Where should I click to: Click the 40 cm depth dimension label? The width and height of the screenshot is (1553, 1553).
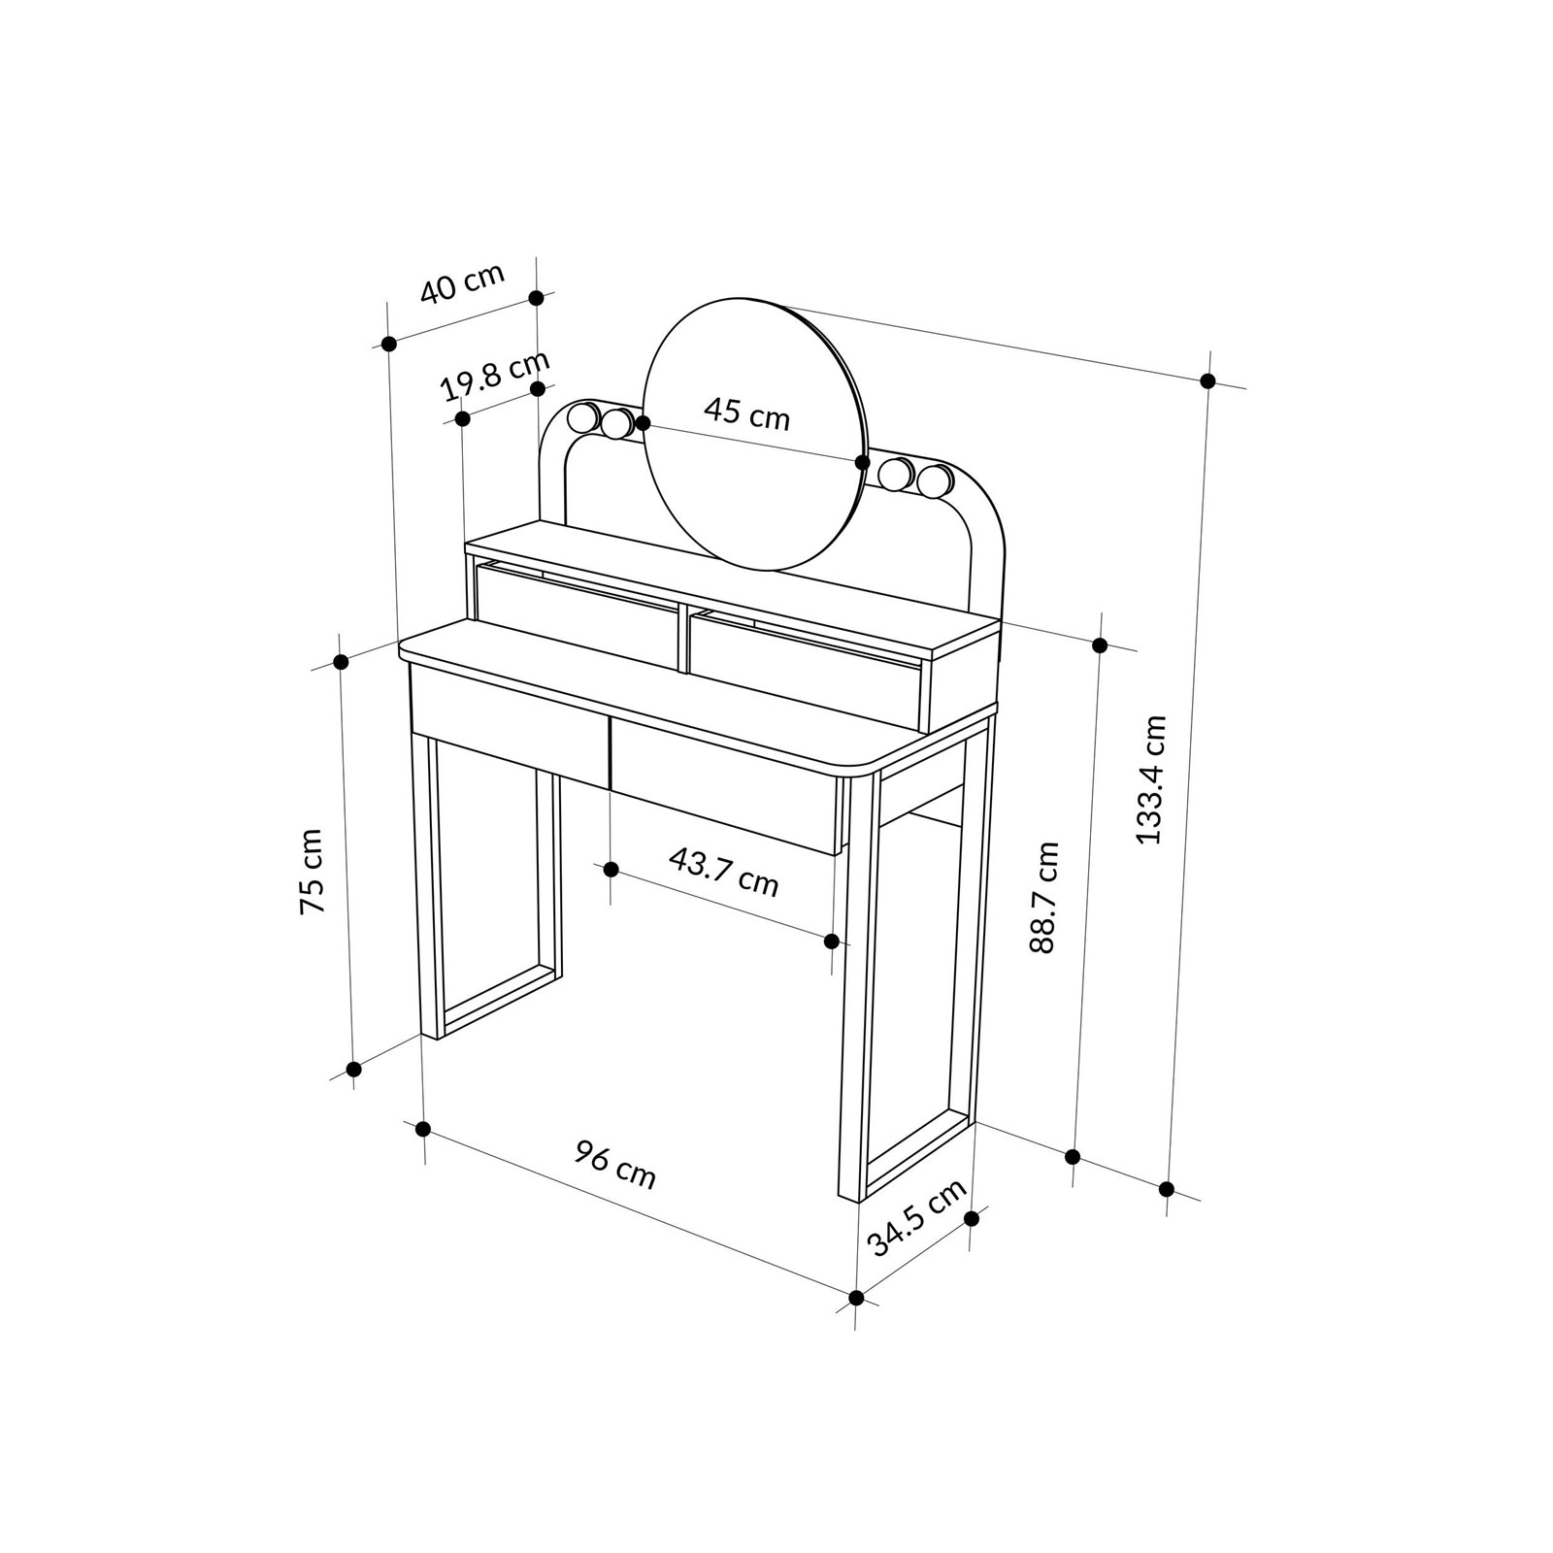(462, 282)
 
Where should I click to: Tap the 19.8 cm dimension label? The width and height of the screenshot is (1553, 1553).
(495, 375)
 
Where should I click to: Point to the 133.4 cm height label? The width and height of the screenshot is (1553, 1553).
(1151, 779)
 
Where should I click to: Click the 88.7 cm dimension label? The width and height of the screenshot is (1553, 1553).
(1044, 898)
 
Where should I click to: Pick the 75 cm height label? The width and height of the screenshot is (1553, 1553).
(311, 872)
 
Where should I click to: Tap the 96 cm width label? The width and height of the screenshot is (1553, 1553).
(615, 1165)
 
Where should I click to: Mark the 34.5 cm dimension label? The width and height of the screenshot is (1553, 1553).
(917, 1216)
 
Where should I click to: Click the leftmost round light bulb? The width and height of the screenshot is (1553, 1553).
(584, 418)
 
